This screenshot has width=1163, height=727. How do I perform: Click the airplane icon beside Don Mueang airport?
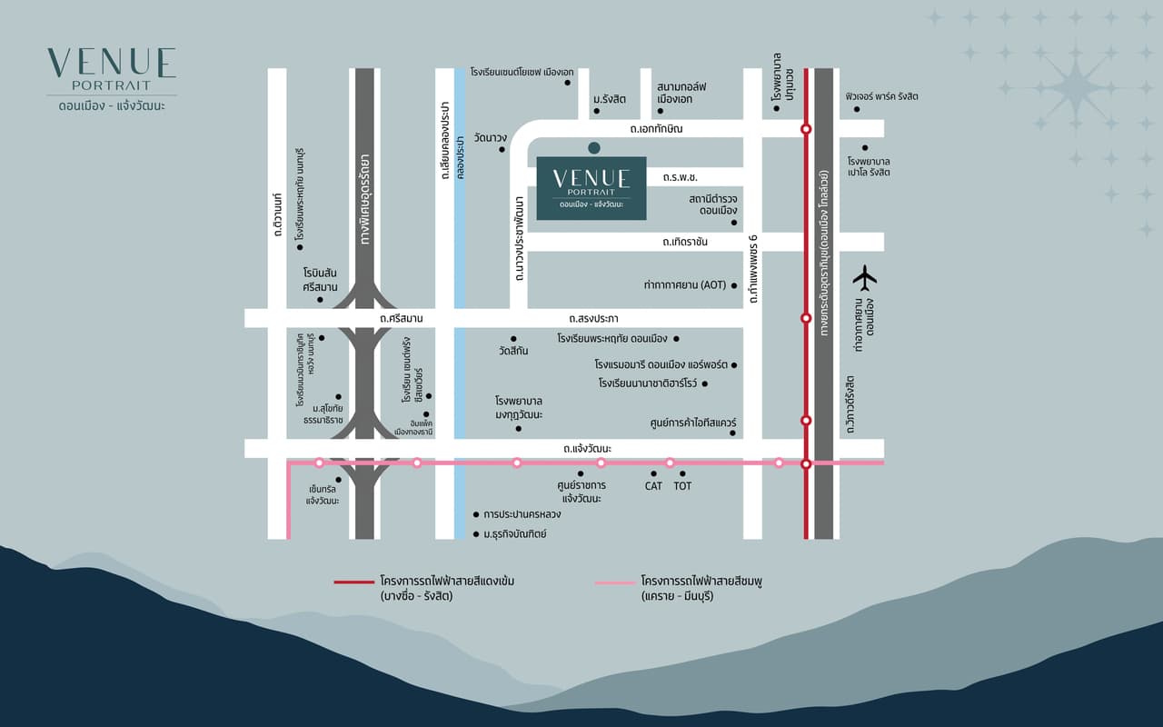click(866, 276)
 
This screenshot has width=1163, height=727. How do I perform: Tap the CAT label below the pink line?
click(653, 486)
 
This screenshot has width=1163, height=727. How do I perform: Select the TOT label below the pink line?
click(682, 486)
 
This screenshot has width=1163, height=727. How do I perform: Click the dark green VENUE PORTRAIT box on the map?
click(591, 188)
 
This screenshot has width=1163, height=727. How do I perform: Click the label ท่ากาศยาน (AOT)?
click(685, 284)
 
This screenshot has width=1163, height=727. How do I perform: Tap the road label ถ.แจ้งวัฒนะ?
click(587, 449)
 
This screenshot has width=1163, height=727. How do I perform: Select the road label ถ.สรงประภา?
click(593, 318)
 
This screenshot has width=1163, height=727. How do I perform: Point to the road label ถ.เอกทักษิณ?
click(656, 129)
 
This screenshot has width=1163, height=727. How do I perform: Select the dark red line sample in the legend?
click(353, 581)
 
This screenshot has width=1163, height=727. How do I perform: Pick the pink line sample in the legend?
click(613, 581)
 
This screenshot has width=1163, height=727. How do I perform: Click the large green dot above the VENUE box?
click(593, 147)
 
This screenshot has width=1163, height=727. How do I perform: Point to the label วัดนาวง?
click(490, 137)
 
